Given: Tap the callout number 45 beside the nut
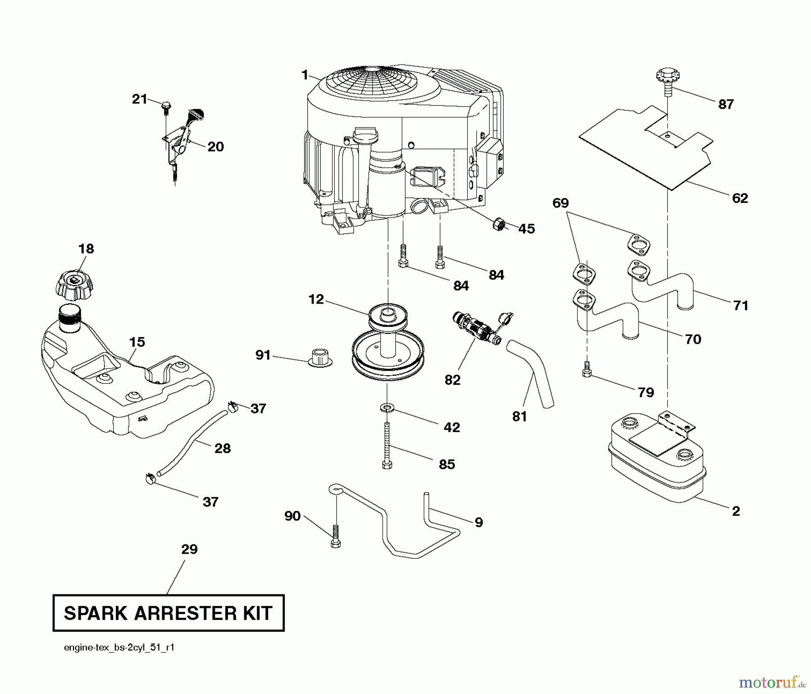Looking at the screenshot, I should tap(526, 229).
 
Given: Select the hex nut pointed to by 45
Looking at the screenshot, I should tap(499, 223).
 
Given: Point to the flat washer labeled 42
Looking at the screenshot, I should tap(387, 408).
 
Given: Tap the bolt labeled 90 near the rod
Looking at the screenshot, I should tap(335, 536).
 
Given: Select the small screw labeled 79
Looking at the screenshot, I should tap(586, 371).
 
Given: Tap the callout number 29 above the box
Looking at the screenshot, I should tap(189, 549).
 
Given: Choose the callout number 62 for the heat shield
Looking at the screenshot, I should tap(740, 198).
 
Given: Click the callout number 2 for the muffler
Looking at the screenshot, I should tap(736, 511).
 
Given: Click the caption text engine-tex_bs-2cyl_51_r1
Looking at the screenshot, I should tap(119, 648).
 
